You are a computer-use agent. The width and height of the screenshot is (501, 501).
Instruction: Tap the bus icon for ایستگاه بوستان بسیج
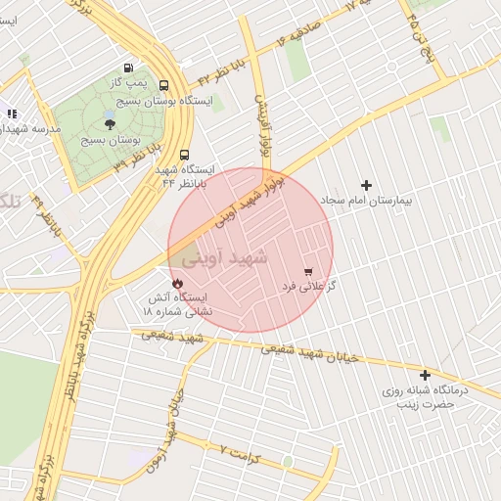click(162, 85)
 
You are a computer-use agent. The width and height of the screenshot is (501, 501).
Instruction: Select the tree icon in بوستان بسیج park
click(109, 123)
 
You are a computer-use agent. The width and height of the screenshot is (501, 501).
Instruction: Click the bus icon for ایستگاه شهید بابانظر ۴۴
click(184, 154)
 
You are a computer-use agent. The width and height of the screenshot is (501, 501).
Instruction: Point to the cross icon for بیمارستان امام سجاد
click(367, 185)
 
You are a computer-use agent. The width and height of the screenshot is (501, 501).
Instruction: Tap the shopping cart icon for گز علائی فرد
click(309, 271)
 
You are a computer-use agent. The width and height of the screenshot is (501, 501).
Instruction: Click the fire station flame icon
click(177, 282)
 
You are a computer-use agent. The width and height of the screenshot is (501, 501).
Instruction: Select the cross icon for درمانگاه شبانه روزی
click(425, 375)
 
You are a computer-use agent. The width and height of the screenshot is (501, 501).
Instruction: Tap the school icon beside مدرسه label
click(12, 114)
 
